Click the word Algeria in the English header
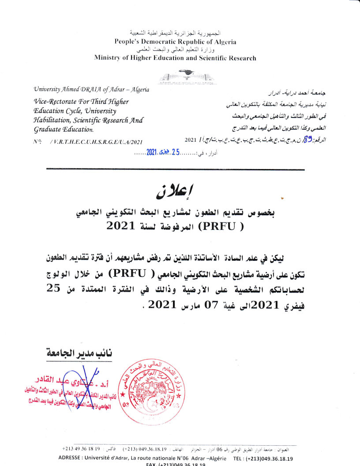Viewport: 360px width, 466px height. [224, 42]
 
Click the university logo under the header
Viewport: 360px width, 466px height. [185, 77]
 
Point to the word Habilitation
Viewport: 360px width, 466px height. [52, 120]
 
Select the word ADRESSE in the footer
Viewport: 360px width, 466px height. [72, 458]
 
